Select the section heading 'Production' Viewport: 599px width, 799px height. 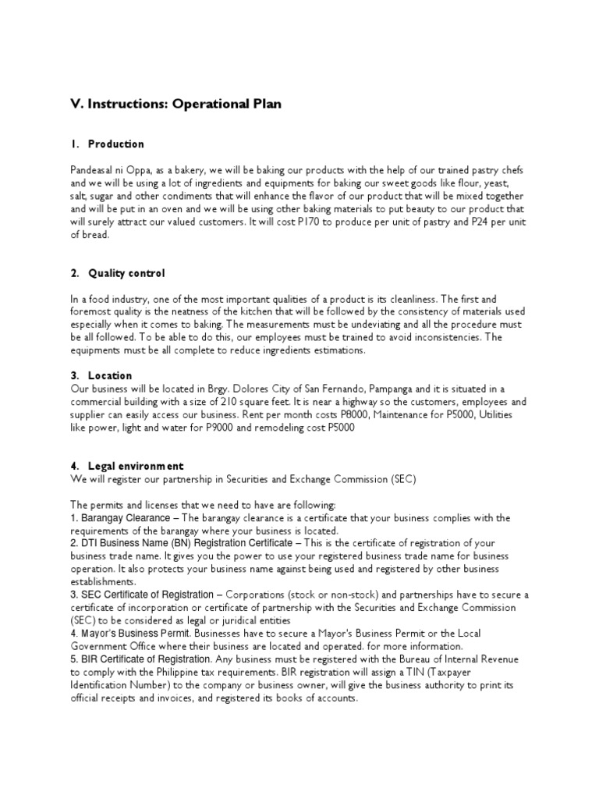tap(116, 144)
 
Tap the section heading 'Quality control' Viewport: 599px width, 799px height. tap(126, 273)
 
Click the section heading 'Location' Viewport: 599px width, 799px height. tap(110, 375)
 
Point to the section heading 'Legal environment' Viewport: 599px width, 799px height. tap(136, 466)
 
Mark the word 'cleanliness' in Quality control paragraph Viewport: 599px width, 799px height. tap(406, 299)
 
